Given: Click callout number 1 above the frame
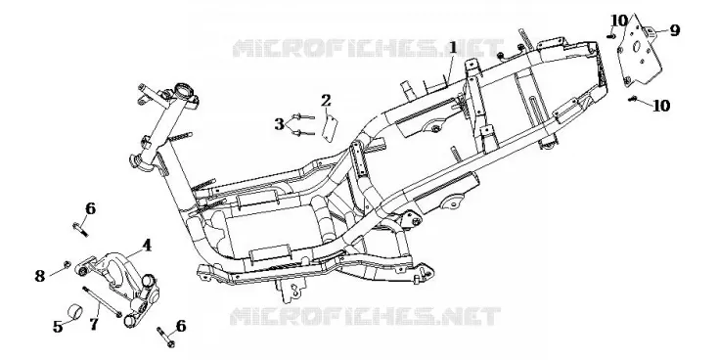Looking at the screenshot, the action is point(452,48).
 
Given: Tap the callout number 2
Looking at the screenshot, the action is point(326,101).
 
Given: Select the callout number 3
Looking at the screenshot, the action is point(280,124).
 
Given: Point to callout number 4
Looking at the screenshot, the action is point(147,246).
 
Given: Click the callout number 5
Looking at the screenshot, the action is point(58,327).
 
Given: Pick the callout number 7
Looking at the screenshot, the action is point(94,325).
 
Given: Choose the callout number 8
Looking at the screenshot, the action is point(40,276).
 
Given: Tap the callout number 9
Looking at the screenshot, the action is point(675,30).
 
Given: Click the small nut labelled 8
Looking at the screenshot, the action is point(67,264).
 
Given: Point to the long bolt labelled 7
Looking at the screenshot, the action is point(102,301).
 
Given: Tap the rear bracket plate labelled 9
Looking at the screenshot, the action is point(640,54).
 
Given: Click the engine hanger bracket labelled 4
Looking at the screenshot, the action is point(121,287).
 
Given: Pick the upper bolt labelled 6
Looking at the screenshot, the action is point(80,229).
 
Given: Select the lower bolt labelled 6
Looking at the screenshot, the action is point(165,337).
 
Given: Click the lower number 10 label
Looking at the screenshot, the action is point(661,106).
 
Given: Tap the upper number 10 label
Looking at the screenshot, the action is point(619,21).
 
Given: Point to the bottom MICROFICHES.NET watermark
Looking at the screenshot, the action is point(365,316).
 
